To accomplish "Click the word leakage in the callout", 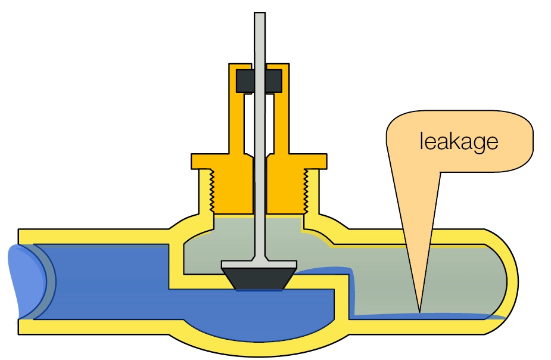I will coord(458,142).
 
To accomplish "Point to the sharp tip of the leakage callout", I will coord(419,311).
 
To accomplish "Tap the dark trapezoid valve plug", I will coord(259,279).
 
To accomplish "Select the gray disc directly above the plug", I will coord(259,263).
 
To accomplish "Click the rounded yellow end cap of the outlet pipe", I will coord(511,280).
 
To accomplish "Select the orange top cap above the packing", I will coord(260,65).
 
